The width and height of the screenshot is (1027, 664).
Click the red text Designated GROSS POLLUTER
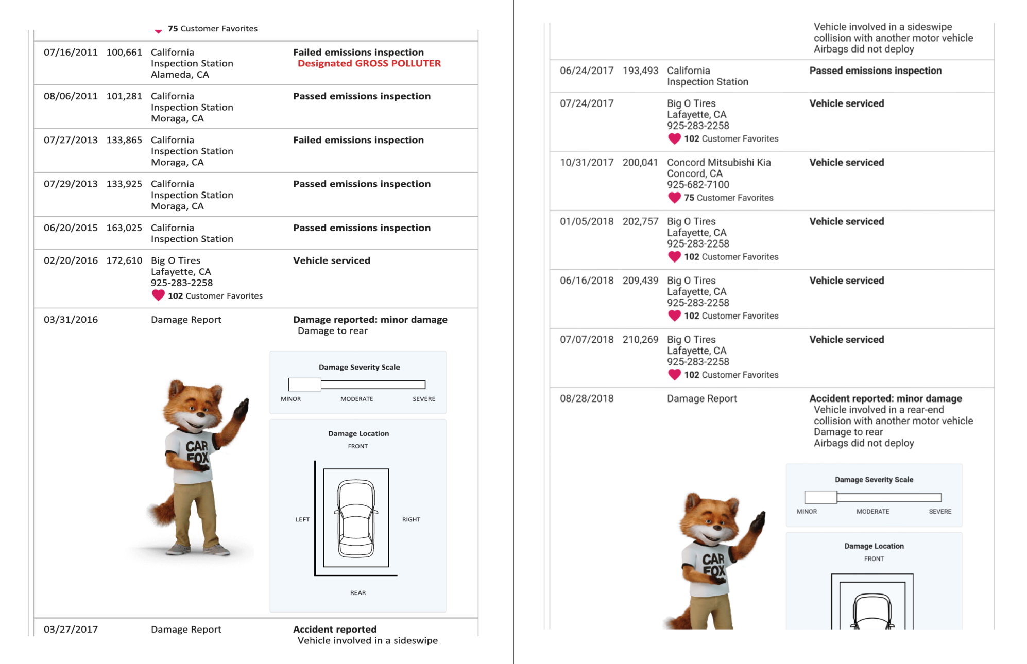pyautogui.click(x=369, y=63)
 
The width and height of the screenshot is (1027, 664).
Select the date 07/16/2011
pyautogui.click(x=71, y=52)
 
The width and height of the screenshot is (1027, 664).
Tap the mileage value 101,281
pyautogui.click(x=124, y=96)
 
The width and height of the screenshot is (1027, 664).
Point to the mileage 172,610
pyautogui.click(x=124, y=260)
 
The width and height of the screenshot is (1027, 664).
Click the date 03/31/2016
pyautogui.click(x=71, y=320)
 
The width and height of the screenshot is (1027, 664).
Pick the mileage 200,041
pyautogui.click(x=640, y=163)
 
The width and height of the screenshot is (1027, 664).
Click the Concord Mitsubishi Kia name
pyautogui.click(x=719, y=163)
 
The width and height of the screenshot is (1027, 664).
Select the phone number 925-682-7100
pyautogui.click(x=698, y=185)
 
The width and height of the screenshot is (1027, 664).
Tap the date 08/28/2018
pyautogui.click(x=587, y=399)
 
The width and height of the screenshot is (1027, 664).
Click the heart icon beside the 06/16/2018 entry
pyautogui.click(x=674, y=316)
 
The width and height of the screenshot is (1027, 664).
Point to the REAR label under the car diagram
pyautogui.click(x=358, y=593)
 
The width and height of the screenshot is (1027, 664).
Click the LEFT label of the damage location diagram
pyautogui.click(x=302, y=520)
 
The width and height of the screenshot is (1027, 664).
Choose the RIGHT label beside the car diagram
pyautogui.click(x=411, y=520)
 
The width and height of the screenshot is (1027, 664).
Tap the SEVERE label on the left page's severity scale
pyautogui.click(x=424, y=399)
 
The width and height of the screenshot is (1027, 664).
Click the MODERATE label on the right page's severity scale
pyautogui.click(x=872, y=512)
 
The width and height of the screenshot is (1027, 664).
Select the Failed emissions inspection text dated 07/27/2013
pyautogui.click(x=358, y=140)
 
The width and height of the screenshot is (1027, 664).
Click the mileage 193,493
pyautogui.click(x=640, y=71)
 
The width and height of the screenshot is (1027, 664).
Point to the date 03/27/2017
pyautogui.click(x=71, y=630)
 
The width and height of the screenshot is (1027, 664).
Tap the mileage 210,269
pyautogui.click(x=640, y=340)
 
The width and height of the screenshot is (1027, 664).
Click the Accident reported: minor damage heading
pyautogui.click(x=885, y=399)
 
